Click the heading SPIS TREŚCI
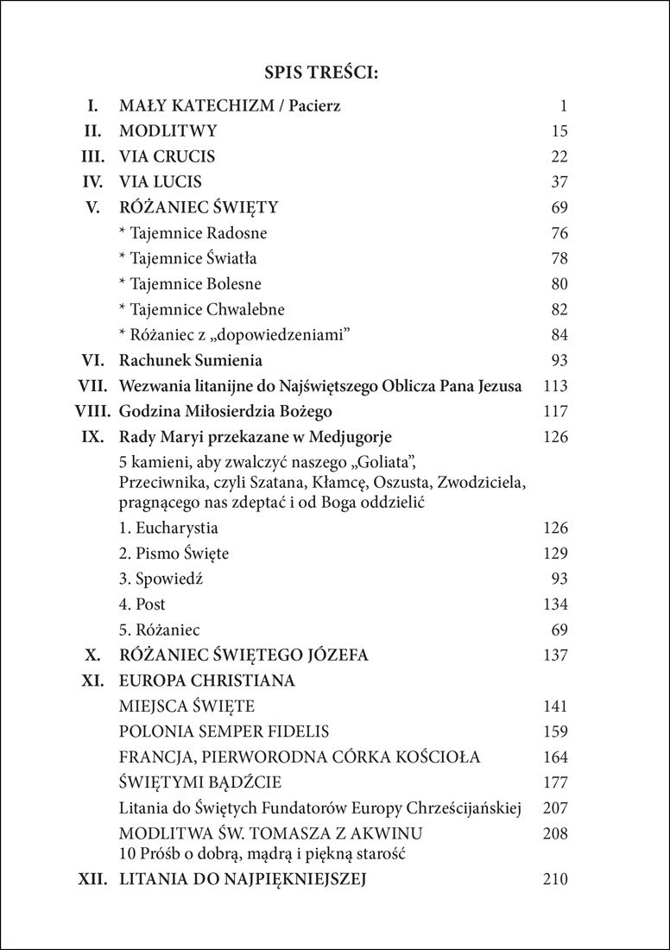[334, 73]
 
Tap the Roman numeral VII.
[91, 386]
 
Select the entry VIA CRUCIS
[167, 157]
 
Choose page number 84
[558, 334]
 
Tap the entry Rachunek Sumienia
[191, 360]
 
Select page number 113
[553, 386]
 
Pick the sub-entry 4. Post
[142, 604]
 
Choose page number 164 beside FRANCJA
[553, 757]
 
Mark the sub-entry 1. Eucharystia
[168, 528]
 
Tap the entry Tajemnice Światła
[188, 258]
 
